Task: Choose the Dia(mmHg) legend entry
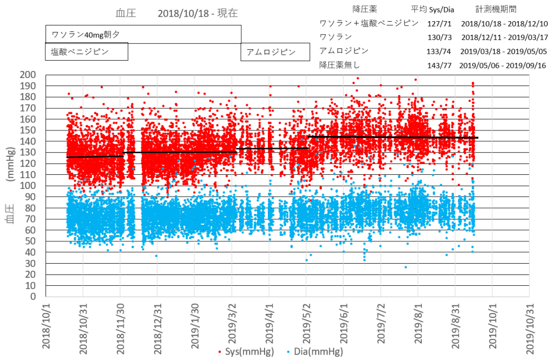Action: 318,352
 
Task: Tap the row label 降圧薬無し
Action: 339,65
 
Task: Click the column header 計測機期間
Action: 496,9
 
